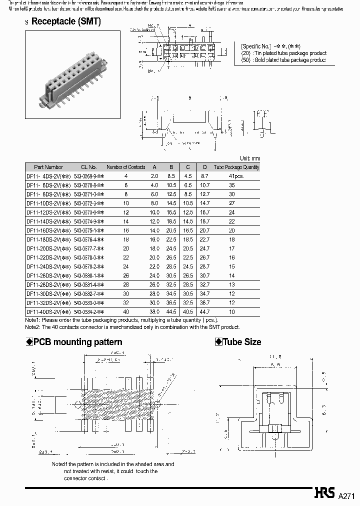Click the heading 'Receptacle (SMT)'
pos(65,21)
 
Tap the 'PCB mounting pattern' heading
pos(77,342)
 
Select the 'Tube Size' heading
pos(242,342)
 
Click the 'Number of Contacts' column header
pos(126,167)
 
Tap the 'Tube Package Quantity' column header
pos(236,167)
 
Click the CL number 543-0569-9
pos(88,176)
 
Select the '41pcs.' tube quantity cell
pos(236,176)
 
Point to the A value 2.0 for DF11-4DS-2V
pos(154,176)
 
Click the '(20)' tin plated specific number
pos(246,53)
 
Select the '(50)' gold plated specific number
pos(246,60)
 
